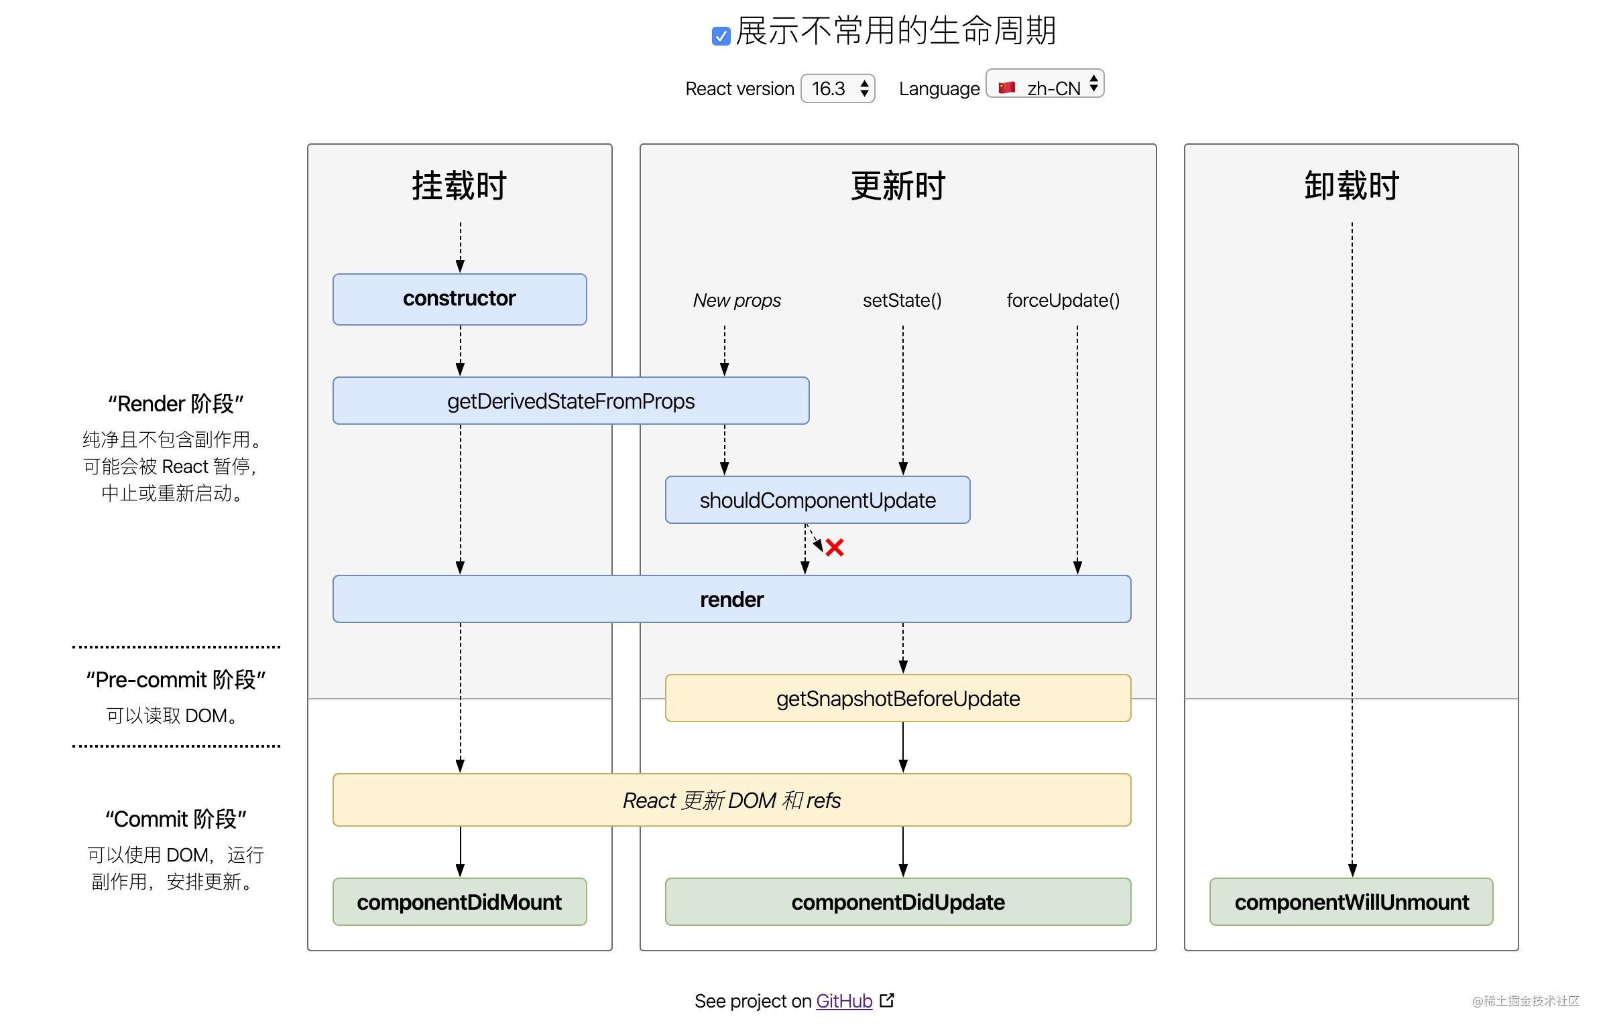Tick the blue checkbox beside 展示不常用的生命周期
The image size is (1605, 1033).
coord(720,36)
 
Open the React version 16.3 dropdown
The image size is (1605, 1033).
coord(837,88)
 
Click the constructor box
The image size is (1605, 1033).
coord(459,299)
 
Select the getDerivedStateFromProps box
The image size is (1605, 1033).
coord(571,401)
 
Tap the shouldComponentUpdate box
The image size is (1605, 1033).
coord(817,500)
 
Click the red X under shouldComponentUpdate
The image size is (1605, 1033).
coord(835,548)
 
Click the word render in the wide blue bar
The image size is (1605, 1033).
coord(731,600)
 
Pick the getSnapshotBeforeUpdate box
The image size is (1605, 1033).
coord(898,699)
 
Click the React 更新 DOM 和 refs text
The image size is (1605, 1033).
coord(731,801)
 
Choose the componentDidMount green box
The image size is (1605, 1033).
coord(459,902)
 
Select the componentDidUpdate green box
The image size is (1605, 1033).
coord(898,902)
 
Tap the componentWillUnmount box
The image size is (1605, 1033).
coord(1351,902)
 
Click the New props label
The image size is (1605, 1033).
coord(736,301)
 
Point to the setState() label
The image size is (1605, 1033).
coord(902,301)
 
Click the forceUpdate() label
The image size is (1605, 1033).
coord(1063,301)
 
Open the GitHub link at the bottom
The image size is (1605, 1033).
coord(844,1001)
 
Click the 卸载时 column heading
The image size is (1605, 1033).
coord(1351,186)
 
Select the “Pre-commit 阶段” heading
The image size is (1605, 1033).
coord(176,679)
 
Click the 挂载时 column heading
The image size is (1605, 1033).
coord(459,186)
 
